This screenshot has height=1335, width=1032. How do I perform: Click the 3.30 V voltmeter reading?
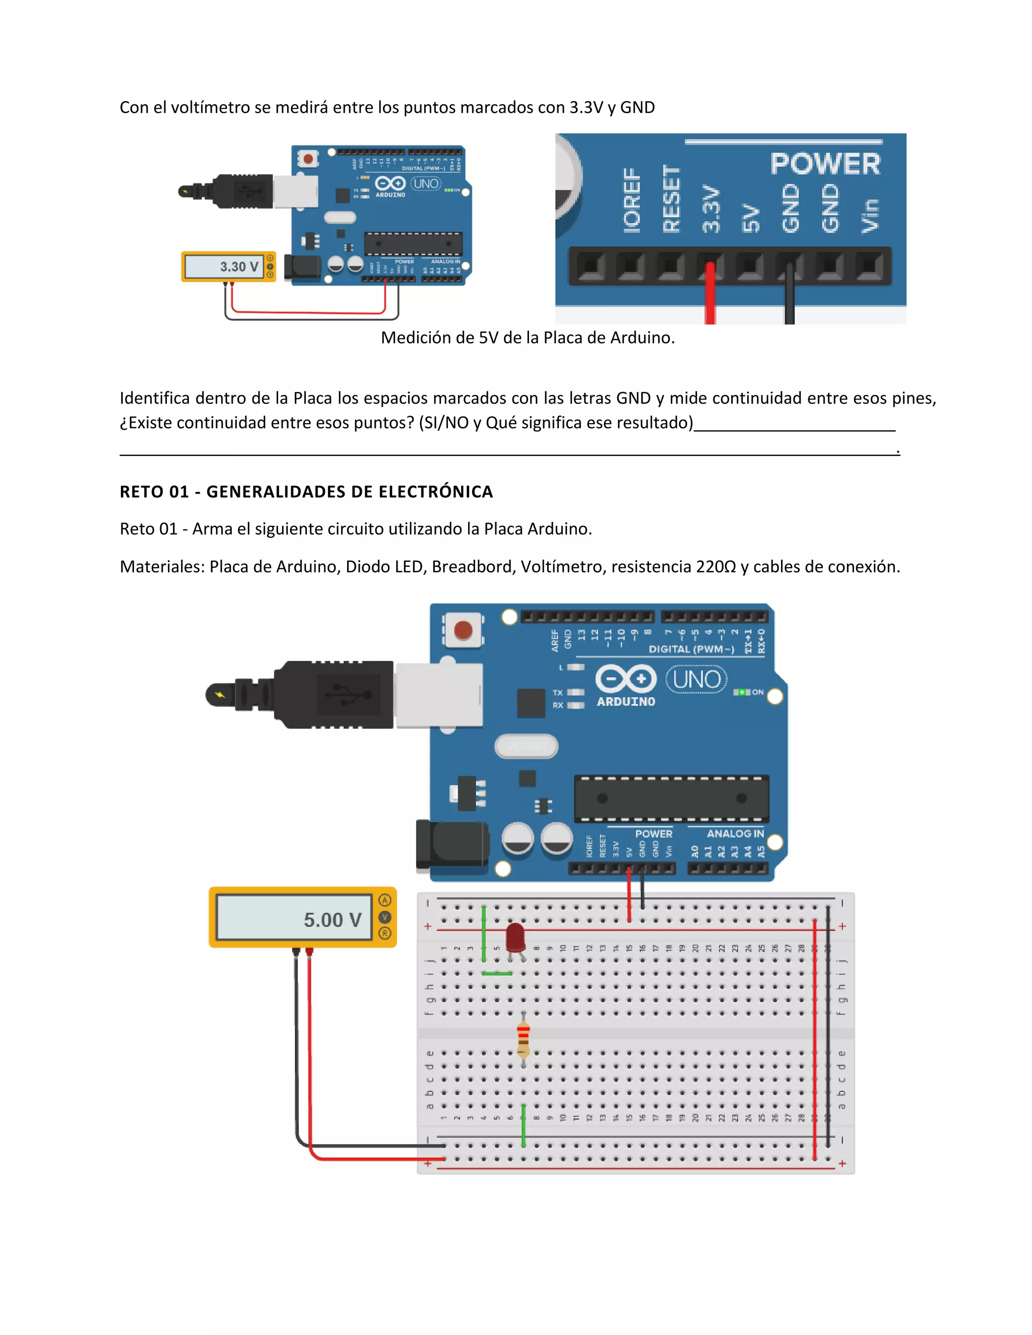238,266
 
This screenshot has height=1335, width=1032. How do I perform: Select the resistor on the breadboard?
524,1039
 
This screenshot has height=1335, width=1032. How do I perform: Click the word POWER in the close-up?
825,164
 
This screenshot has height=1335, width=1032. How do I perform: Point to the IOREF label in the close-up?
631,201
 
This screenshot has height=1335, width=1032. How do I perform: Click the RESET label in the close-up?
671,198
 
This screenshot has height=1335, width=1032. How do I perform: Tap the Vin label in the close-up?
869,215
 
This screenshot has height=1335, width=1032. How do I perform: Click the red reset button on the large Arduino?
463,630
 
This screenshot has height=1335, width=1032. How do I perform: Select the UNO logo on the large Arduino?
696,679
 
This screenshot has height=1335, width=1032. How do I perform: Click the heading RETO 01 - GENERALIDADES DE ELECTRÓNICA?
306,492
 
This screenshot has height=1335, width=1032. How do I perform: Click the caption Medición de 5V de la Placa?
527,338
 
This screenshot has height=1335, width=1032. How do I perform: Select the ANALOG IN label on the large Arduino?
735,833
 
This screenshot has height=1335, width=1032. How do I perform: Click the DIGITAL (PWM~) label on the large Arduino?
691,649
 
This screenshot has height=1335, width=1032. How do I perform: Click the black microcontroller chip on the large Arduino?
671,798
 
